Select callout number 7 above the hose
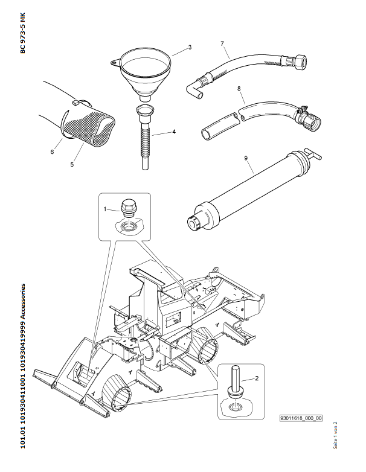(x=222, y=43)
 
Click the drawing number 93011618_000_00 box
(x=301, y=418)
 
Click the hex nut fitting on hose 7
(x=299, y=61)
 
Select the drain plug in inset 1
(x=127, y=209)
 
